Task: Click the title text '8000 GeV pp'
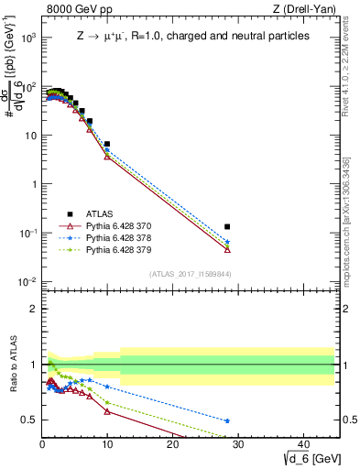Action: pyautogui.click(x=72, y=10)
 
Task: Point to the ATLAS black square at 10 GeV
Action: pyautogui.click(x=107, y=144)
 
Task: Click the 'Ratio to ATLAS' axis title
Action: pyautogui.click(x=12, y=364)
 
